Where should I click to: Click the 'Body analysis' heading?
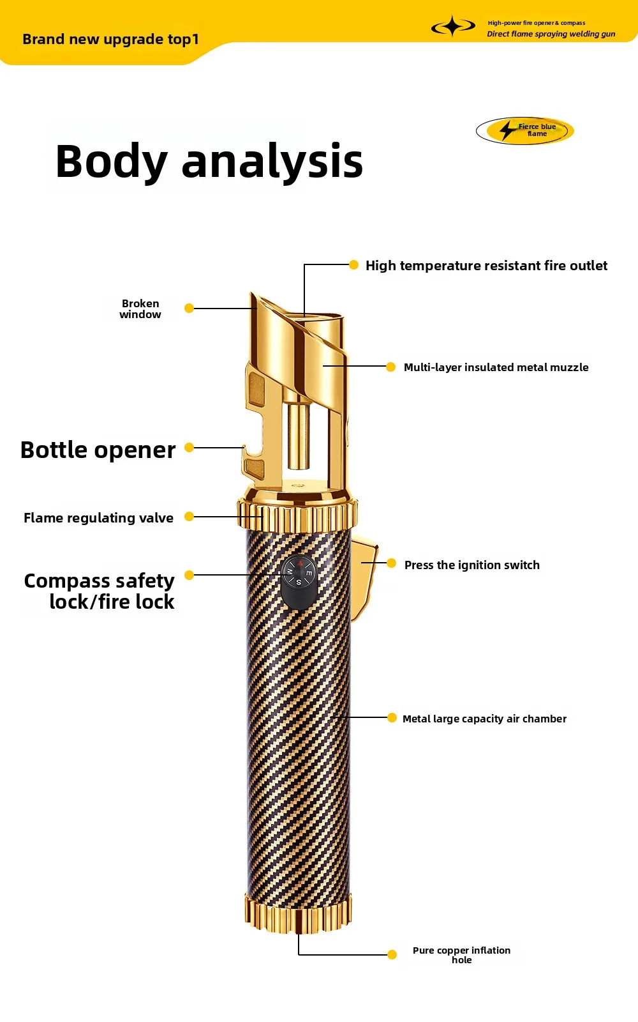[209, 162]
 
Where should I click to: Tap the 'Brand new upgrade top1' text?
[111, 40]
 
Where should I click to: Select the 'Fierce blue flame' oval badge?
[524, 130]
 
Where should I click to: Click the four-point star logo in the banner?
[453, 26]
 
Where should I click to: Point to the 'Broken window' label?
[140, 309]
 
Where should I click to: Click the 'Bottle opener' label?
[98, 450]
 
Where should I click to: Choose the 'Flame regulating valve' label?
[98, 518]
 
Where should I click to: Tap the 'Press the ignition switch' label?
[471, 565]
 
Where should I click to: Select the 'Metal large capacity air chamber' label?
[484, 719]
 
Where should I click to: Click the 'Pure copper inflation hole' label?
[462, 955]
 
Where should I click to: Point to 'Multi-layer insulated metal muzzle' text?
[496, 367]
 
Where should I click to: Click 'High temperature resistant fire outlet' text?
[486, 266]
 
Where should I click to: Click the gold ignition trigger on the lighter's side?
[364, 579]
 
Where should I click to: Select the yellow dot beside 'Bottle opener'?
[189, 448]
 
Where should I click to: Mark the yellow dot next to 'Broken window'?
[189, 309]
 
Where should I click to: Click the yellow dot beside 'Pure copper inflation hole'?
[392, 954]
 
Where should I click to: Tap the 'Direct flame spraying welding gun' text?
[551, 34]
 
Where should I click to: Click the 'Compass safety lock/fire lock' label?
[100, 591]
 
